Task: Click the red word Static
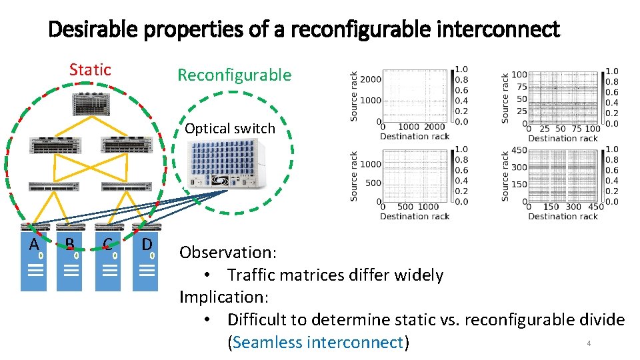[x=90, y=69]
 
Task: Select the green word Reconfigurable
[x=234, y=75]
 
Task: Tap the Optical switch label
[x=230, y=129]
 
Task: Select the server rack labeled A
[x=34, y=263]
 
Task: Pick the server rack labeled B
[x=69, y=263]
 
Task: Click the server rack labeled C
[x=108, y=263]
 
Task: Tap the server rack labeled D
[x=145, y=263]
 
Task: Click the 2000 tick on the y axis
[x=371, y=79]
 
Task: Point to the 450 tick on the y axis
[x=518, y=151]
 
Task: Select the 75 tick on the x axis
[x=577, y=129]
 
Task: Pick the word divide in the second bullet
[x=598, y=320]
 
